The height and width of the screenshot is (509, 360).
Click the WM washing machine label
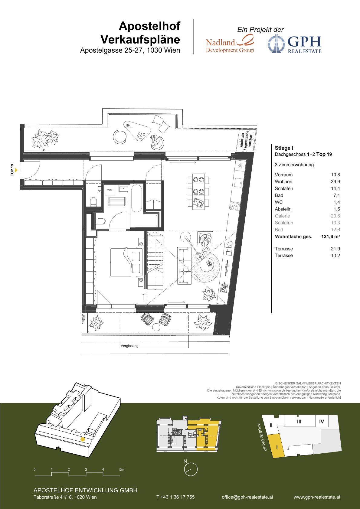(x=110, y=190)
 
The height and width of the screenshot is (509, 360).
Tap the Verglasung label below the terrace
(x=129, y=346)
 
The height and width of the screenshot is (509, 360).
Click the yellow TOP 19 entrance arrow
(x=16, y=170)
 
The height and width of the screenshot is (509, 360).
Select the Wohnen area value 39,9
(x=335, y=181)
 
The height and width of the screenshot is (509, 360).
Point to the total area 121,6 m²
(x=330, y=236)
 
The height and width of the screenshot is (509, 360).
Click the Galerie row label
(x=282, y=216)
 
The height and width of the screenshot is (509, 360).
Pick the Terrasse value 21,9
(x=335, y=249)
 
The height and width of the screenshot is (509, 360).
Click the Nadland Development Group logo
(x=230, y=44)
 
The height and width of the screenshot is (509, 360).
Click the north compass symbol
(x=191, y=469)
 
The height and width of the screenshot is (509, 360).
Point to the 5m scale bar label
(x=122, y=469)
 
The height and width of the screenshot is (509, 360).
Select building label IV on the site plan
(x=321, y=422)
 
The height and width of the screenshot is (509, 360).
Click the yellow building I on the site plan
(x=277, y=445)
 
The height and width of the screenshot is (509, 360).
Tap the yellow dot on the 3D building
(x=83, y=439)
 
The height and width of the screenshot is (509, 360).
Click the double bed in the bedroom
(x=126, y=262)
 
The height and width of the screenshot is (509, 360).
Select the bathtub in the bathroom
(x=137, y=198)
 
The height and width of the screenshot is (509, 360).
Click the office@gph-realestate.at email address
(x=247, y=497)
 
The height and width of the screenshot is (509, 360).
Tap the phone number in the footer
(x=175, y=497)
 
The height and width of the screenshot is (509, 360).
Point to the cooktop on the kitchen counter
(x=235, y=206)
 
